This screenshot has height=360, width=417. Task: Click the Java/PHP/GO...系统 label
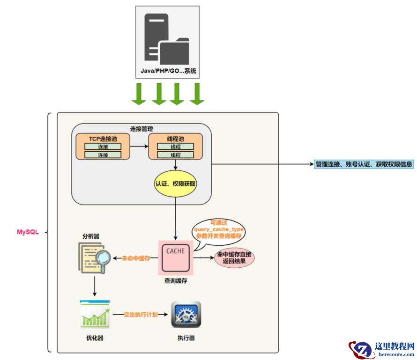click(x=168, y=72)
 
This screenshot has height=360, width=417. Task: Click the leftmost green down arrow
click(x=139, y=94)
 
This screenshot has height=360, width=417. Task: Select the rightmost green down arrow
click(x=197, y=94)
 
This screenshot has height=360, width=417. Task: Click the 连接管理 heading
click(x=141, y=129)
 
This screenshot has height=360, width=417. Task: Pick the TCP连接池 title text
click(x=103, y=139)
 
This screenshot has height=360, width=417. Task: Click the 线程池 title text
click(x=175, y=139)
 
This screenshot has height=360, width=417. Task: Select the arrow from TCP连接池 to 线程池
click(x=139, y=147)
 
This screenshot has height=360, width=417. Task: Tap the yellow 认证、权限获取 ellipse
click(x=175, y=184)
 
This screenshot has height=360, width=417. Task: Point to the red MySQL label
click(x=28, y=232)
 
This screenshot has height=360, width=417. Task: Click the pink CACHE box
click(x=176, y=258)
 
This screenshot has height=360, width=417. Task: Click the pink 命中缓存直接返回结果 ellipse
click(x=234, y=258)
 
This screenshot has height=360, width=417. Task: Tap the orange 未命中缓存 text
click(x=136, y=258)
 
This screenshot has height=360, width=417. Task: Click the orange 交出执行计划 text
click(x=141, y=315)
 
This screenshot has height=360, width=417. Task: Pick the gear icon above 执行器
click(x=186, y=315)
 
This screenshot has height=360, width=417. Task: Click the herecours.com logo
click(x=382, y=349)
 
